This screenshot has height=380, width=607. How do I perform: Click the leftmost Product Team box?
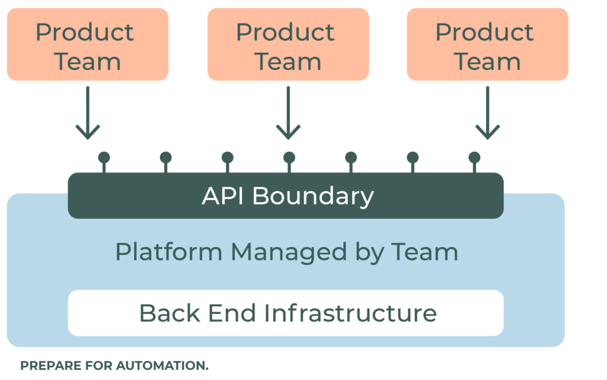pos(88,45)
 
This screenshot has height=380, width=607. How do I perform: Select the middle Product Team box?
pos(288,45)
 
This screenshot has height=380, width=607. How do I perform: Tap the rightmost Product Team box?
pos(487,45)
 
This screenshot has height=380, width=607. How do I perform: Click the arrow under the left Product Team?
pos(88,113)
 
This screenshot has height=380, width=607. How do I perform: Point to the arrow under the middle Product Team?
pos(288,113)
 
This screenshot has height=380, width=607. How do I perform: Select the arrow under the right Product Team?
pos(487,113)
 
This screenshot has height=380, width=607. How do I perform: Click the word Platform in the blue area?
pos(168,252)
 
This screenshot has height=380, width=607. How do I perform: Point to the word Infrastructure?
pos(350,312)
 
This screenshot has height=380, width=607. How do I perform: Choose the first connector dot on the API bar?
pos(104,158)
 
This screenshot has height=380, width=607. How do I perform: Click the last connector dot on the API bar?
pos(474,158)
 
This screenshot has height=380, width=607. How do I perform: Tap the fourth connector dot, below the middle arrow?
pos(289,158)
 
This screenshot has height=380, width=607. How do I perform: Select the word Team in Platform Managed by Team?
pos(424,252)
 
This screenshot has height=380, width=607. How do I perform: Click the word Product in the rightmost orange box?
pos(484,32)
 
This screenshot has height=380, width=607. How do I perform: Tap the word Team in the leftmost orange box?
pos(88,61)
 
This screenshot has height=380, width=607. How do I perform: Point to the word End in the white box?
pos(225,312)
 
